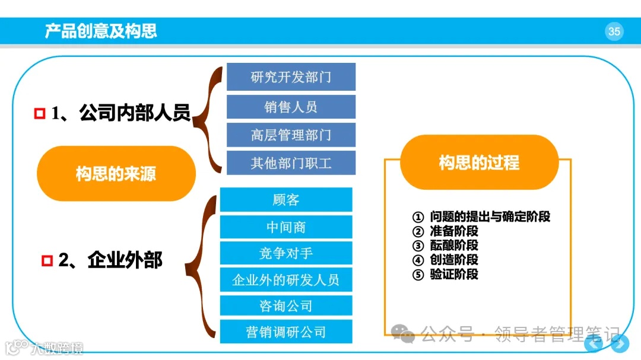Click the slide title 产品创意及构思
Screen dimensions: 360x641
click(101, 31)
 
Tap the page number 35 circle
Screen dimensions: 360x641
click(614, 31)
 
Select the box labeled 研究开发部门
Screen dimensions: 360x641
click(291, 77)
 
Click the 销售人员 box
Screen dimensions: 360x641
click(291, 107)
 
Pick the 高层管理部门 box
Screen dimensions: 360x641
click(291, 135)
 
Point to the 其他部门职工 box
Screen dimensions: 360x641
click(291, 163)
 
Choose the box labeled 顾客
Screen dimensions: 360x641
click(286, 200)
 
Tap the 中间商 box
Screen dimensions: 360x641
click(286, 227)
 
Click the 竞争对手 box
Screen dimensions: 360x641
click(286, 253)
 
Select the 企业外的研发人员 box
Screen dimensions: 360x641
click(286, 280)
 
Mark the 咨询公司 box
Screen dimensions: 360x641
click(286, 306)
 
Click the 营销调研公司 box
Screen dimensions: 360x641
click(286, 332)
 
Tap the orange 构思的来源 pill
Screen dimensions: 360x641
click(116, 174)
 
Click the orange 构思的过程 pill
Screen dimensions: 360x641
click(479, 162)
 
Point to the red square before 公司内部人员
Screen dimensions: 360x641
click(40, 114)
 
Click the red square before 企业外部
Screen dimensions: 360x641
click(47, 261)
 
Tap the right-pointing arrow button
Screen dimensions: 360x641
click(620, 343)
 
